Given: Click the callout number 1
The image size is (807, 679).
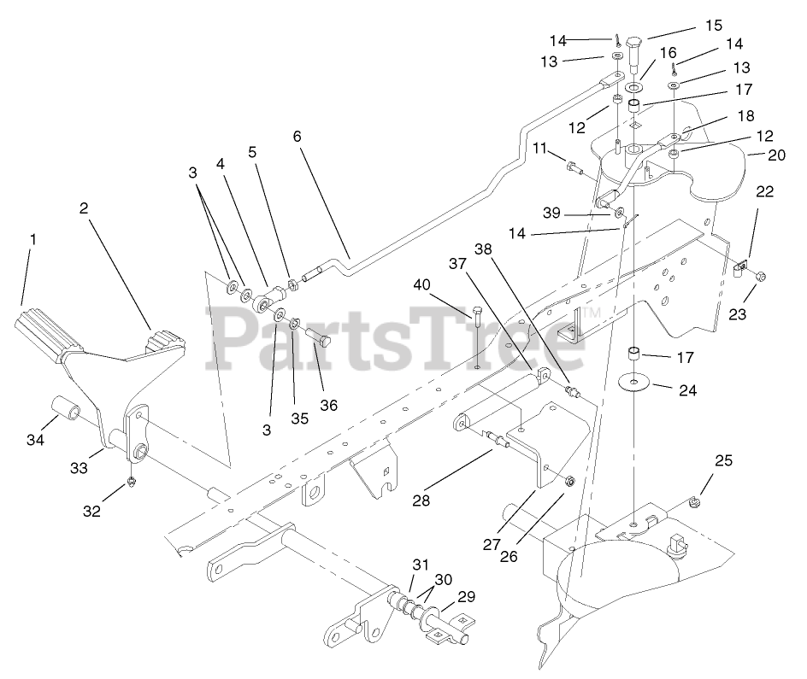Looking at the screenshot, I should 33,240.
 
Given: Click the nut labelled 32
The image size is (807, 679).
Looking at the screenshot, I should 133,483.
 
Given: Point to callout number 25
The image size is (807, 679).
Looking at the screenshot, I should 723,461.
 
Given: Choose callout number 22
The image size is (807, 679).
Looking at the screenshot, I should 763,191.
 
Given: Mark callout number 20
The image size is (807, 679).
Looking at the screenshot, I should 776,155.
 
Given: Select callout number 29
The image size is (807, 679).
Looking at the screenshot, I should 467,597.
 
